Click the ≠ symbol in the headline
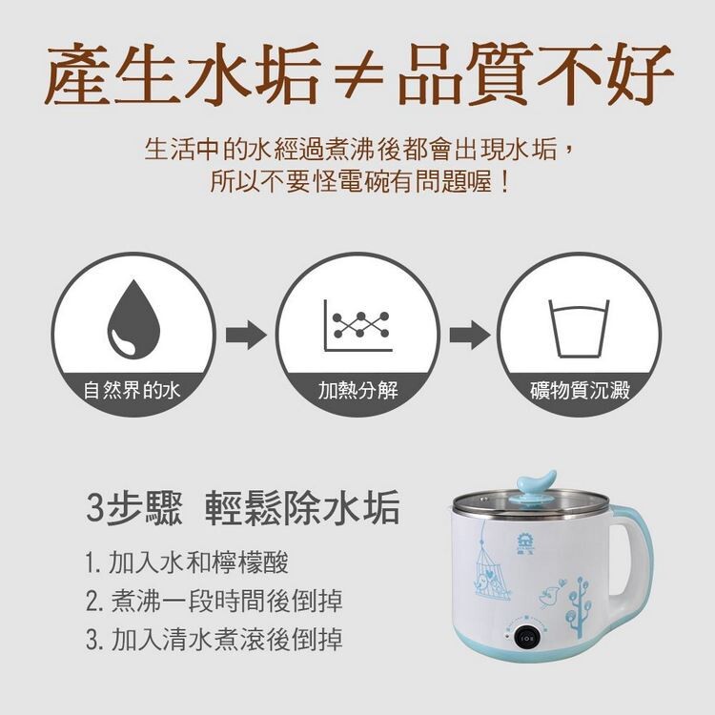click(358, 75)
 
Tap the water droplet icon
click(133, 319)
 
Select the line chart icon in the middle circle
click(357, 325)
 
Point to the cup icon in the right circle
click(579, 328)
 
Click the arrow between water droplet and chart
click(246, 335)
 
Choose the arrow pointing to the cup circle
click(470, 335)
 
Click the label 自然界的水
click(132, 390)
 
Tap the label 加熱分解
click(357, 390)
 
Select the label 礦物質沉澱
click(580, 390)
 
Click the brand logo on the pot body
click(523, 543)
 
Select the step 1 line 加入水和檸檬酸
click(187, 562)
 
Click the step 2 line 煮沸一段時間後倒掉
click(214, 601)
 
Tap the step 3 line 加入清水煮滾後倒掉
click(214, 639)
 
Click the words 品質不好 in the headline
click(535, 74)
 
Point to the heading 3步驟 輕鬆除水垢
click(243, 506)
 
